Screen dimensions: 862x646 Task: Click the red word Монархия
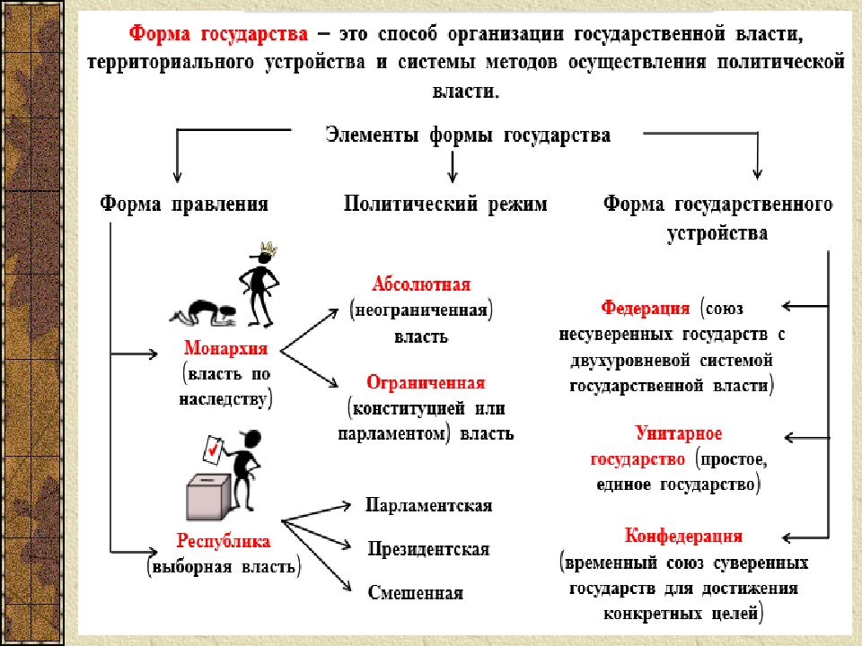pyautogui.click(x=225, y=348)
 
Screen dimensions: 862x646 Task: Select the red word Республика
pyautogui.click(x=224, y=541)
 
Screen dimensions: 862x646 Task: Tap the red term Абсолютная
pyautogui.click(x=421, y=284)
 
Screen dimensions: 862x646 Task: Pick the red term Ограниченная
pyautogui.click(x=426, y=382)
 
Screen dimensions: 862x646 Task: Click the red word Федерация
pyautogui.click(x=646, y=308)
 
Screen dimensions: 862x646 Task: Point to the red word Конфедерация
pyautogui.click(x=684, y=536)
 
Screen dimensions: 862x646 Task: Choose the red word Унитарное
pyautogui.click(x=679, y=433)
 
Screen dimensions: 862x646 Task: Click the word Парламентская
pyautogui.click(x=429, y=505)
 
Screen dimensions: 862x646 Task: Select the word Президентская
pyautogui.click(x=429, y=549)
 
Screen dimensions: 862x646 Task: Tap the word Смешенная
pyautogui.click(x=416, y=593)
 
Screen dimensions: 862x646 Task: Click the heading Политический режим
pyautogui.click(x=446, y=205)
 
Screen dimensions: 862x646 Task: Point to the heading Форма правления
pyautogui.click(x=184, y=205)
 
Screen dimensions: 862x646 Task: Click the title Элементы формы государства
pyautogui.click(x=468, y=135)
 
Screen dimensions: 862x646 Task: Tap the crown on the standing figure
pyautogui.click(x=268, y=249)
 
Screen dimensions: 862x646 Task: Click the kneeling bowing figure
pyautogui.click(x=204, y=313)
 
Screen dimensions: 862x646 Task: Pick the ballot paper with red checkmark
pyautogui.click(x=213, y=450)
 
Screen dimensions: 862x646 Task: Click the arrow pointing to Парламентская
pyautogui.click(x=316, y=512)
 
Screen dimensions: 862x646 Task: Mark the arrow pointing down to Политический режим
pyautogui.click(x=453, y=167)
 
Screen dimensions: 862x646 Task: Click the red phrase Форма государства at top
pyautogui.click(x=218, y=35)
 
